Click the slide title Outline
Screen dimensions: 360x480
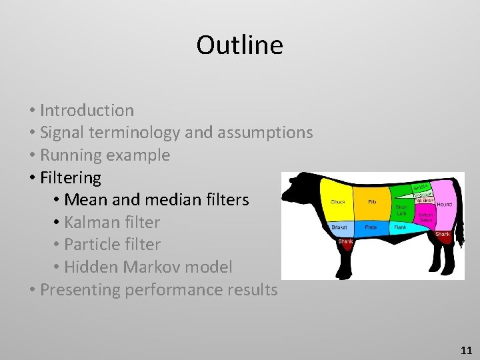click(239, 45)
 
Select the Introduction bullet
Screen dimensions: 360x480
click(87, 110)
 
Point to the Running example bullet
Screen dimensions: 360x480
click(105, 155)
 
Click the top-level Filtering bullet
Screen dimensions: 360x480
click(71, 178)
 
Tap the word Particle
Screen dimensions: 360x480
click(94, 245)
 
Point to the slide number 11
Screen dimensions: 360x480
click(466, 349)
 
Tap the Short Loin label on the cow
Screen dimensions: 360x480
click(401, 210)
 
